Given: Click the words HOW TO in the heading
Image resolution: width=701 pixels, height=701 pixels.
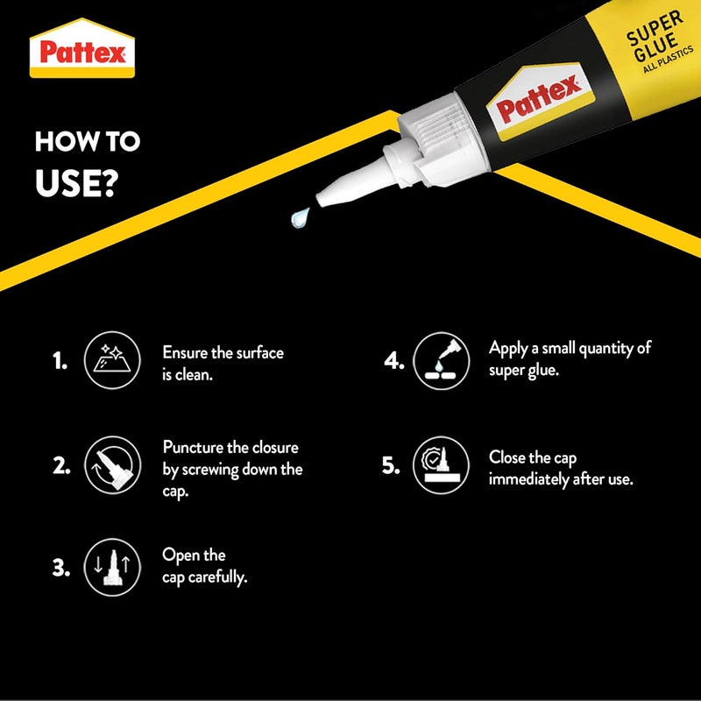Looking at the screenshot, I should pos(88,142).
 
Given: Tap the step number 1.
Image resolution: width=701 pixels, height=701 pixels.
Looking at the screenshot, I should pos(60,361).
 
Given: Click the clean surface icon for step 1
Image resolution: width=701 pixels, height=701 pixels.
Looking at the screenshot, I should pos(111,360).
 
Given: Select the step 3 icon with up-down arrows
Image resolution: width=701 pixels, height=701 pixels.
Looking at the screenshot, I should pos(111,568).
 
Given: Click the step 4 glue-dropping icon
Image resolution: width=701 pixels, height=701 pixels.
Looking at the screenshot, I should pos(440,359).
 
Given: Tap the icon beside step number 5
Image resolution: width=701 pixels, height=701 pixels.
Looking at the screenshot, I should pos(440,465).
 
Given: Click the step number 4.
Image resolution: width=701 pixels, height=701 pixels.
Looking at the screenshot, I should pos(392,361).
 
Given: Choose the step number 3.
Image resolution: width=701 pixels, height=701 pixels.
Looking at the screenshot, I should pos(60,569).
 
